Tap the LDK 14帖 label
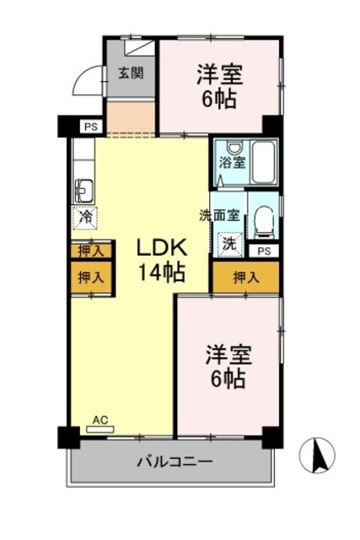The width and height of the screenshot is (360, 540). [162, 259]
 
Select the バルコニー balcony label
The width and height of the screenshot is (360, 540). [175, 462]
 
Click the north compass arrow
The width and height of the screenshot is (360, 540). [320, 456]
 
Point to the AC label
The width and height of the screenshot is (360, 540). [100, 419]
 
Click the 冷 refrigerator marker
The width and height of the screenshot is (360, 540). [85, 217]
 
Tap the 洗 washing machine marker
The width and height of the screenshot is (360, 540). [229, 243]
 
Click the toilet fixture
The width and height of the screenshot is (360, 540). [264, 221]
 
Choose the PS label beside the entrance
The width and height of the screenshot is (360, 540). [89, 127]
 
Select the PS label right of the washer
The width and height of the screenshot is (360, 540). [264, 251]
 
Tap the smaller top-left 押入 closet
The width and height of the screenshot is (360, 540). [90, 251]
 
